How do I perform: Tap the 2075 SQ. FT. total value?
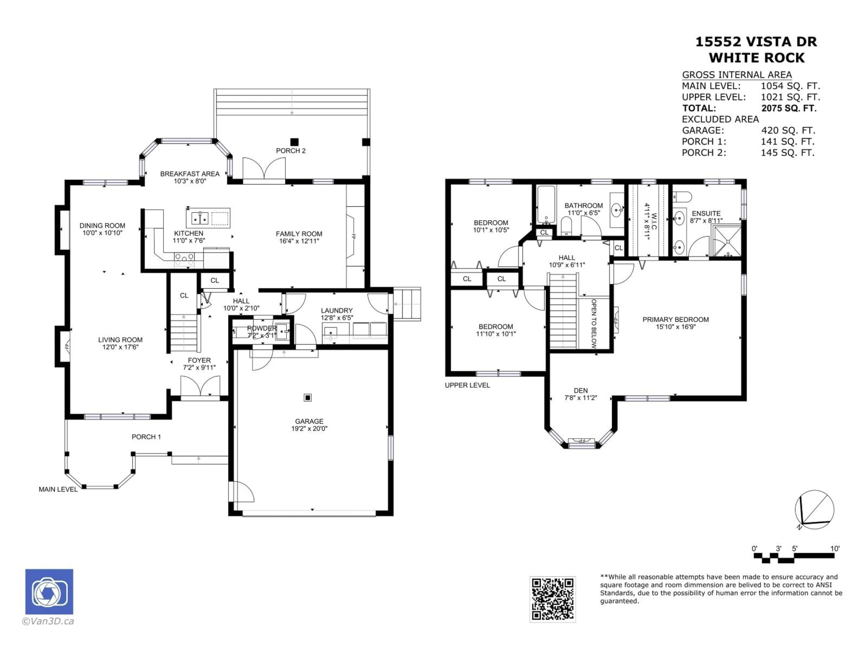(789, 108)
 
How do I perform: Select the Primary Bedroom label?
(675, 319)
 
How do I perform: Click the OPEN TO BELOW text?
(594, 324)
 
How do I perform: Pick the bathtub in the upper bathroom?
(546, 204)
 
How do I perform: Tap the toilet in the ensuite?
(682, 196)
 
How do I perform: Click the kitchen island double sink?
(200, 218)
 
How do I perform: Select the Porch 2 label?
(290, 151)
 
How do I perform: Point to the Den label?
(580, 390)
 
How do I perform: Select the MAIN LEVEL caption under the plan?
(58, 489)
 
